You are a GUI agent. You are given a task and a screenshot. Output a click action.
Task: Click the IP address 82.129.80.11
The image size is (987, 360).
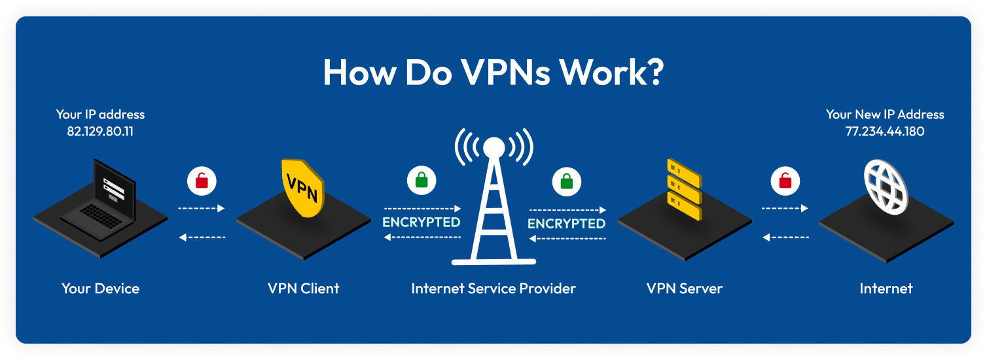pyautogui.click(x=100, y=131)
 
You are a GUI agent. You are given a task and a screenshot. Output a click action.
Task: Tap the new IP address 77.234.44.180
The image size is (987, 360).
pyautogui.click(x=885, y=131)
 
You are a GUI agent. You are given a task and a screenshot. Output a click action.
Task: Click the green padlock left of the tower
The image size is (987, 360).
pyautogui.click(x=421, y=180)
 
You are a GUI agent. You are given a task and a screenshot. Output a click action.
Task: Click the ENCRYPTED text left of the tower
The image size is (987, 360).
pyautogui.click(x=422, y=223)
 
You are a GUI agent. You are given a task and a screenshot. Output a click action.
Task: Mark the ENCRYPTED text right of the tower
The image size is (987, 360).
pyautogui.click(x=567, y=224)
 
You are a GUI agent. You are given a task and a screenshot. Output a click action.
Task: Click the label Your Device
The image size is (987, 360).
pyautogui.click(x=100, y=288)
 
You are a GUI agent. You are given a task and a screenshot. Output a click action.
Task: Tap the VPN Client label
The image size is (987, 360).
pyautogui.click(x=303, y=288)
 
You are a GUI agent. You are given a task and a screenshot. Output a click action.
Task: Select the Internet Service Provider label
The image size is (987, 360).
pyautogui.click(x=494, y=288)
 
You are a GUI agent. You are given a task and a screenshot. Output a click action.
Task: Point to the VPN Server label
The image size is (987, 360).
pyautogui.click(x=684, y=288)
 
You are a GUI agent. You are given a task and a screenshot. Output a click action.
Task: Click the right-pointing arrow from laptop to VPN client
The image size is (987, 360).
pyautogui.click(x=202, y=208)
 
